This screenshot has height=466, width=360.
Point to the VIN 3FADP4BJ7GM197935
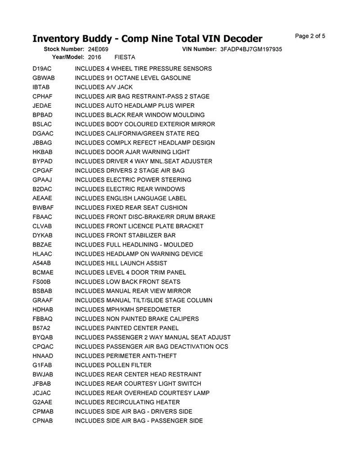251,49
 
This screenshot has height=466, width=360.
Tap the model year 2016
95,57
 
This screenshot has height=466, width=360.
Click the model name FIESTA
125,57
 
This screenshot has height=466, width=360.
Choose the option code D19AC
42,69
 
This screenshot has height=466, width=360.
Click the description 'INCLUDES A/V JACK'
104,87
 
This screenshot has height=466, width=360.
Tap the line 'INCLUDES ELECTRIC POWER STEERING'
133,180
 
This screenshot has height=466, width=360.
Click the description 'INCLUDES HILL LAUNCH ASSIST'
121,263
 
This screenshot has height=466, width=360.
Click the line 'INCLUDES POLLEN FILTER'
113,365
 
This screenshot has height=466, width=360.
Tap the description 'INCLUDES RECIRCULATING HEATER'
127,402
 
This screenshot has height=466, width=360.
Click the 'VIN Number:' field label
197,49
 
